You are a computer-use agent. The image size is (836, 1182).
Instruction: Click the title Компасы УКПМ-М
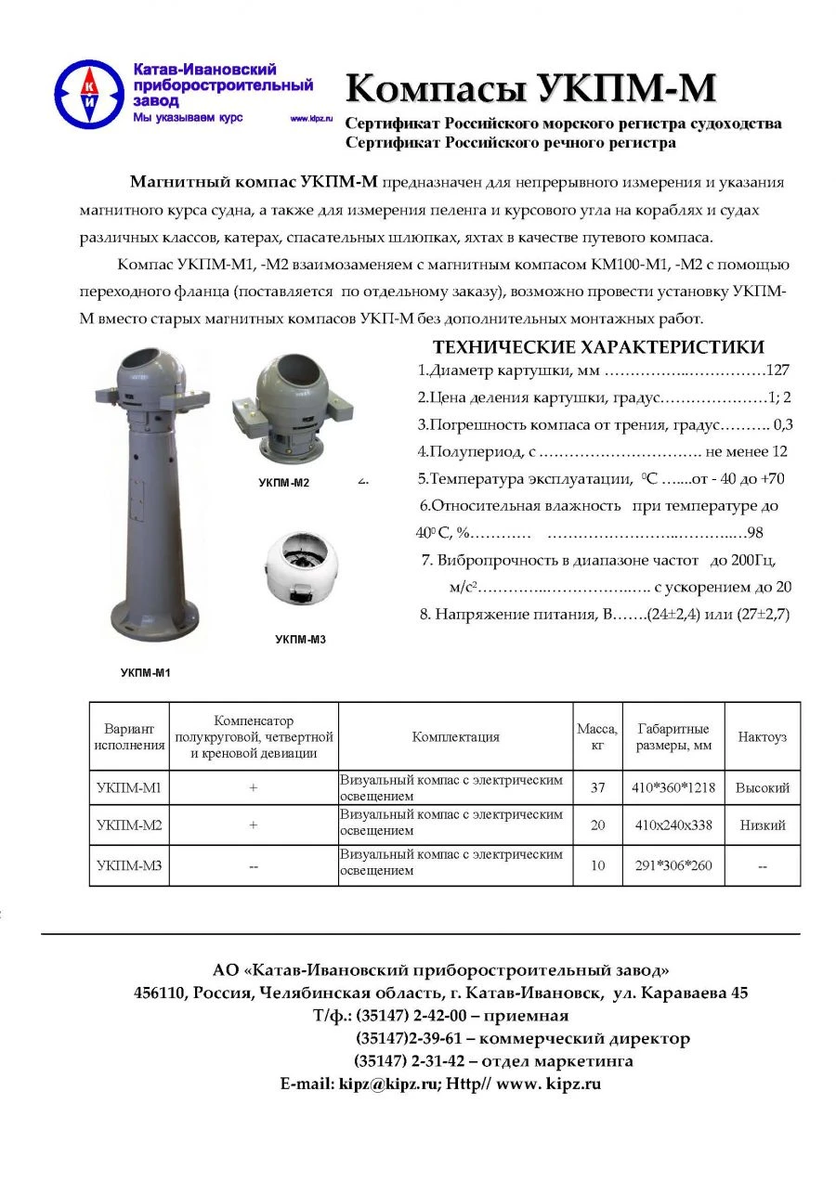[530, 89]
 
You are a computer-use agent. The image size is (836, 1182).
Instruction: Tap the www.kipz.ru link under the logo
[311, 120]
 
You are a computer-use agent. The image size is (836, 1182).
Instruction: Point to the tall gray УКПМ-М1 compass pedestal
[149, 501]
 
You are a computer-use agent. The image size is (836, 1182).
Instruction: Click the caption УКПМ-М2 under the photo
[283, 483]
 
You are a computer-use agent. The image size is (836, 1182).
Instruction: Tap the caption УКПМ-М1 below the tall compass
[146, 673]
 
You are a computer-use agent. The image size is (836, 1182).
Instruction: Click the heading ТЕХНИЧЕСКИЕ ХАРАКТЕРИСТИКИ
[599, 347]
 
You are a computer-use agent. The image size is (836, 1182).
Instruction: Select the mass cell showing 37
[597, 787]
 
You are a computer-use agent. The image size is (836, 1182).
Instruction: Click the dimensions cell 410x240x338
[673, 825]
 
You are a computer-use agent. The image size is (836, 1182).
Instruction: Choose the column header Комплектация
[455, 736]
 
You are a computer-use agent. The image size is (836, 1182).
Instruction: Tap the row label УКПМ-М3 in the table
[128, 865]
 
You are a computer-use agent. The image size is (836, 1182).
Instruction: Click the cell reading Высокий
[762, 787]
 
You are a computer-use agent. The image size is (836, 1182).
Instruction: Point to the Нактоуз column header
[762, 736]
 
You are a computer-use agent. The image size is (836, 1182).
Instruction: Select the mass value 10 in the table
[597, 865]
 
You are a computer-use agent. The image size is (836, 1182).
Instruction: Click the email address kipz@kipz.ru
[388, 1084]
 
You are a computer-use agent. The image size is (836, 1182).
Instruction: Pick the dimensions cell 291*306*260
[673, 865]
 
